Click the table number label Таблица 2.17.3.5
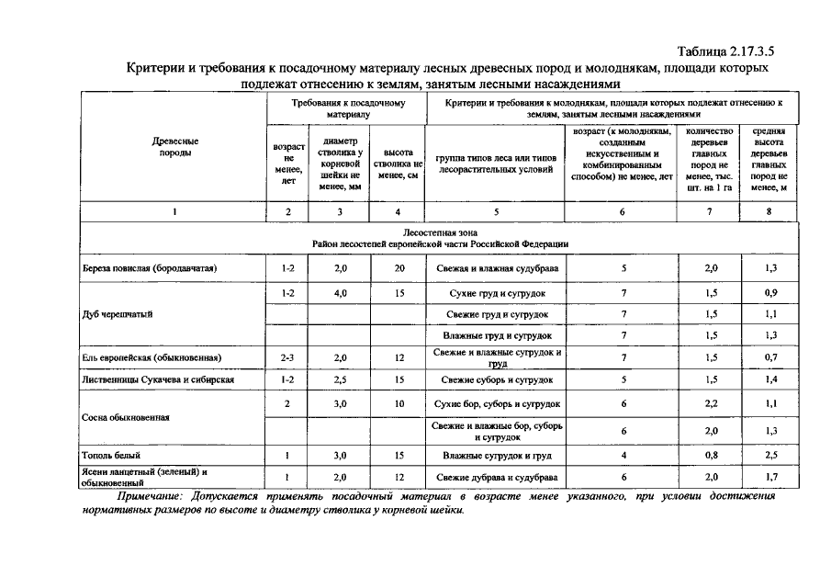pyautogui.click(x=732, y=51)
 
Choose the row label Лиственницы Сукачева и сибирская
pyautogui.click(x=158, y=379)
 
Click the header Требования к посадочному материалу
pyautogui.click(x=348, y=109)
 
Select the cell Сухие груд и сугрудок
pyautogui.click(x=496, y=293)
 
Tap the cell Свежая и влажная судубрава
pyautogui.click(x=496, y=268)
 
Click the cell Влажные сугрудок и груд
pyautogui.click(x=496, y=455)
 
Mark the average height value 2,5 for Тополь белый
pyautogui.click(x=769, y=455)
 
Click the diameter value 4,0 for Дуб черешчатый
pyautogui.click(x=340, y=293)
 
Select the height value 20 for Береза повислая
pyautogui.click(x=399, y=268)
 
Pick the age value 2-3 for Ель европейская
pyautogui.click(x=288, y=357)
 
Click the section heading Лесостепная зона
pyautogui.click(x=438, y=233)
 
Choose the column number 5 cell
pyautogui.click(x=496, y=212)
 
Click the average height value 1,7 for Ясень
pyautogui.click(x=769, y=477)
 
